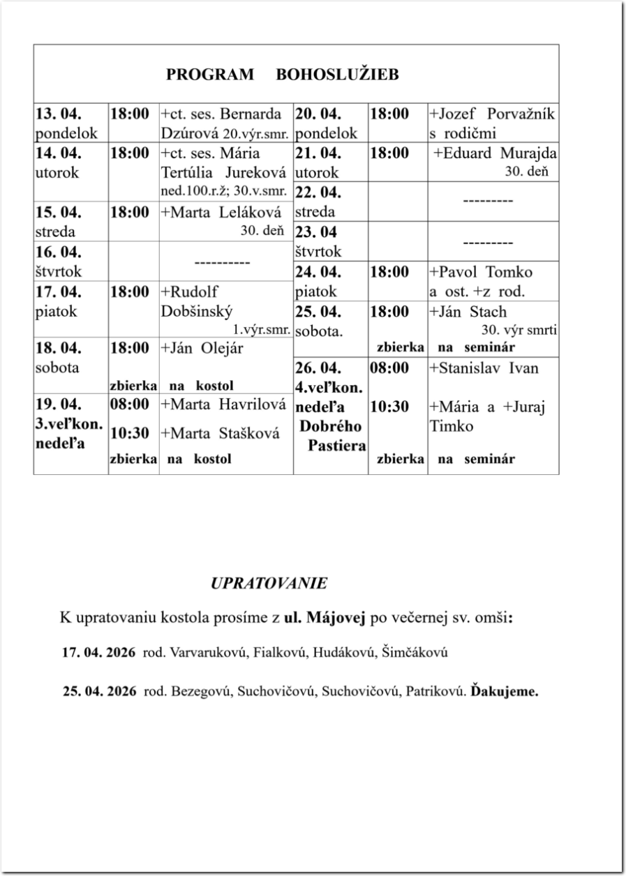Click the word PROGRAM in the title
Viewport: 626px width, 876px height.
click(x=210, y=75)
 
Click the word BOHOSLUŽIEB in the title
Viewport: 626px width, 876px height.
click(x=338, y=75)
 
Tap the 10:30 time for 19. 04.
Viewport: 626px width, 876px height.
click(x=130, y=433)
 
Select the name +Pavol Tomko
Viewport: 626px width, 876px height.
click(x=480, y=272)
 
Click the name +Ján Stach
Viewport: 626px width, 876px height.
click(x=468, y=312)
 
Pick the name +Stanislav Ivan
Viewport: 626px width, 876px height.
click(x=484, y=368)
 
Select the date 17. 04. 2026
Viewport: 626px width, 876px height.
click(x=100, y=654)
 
